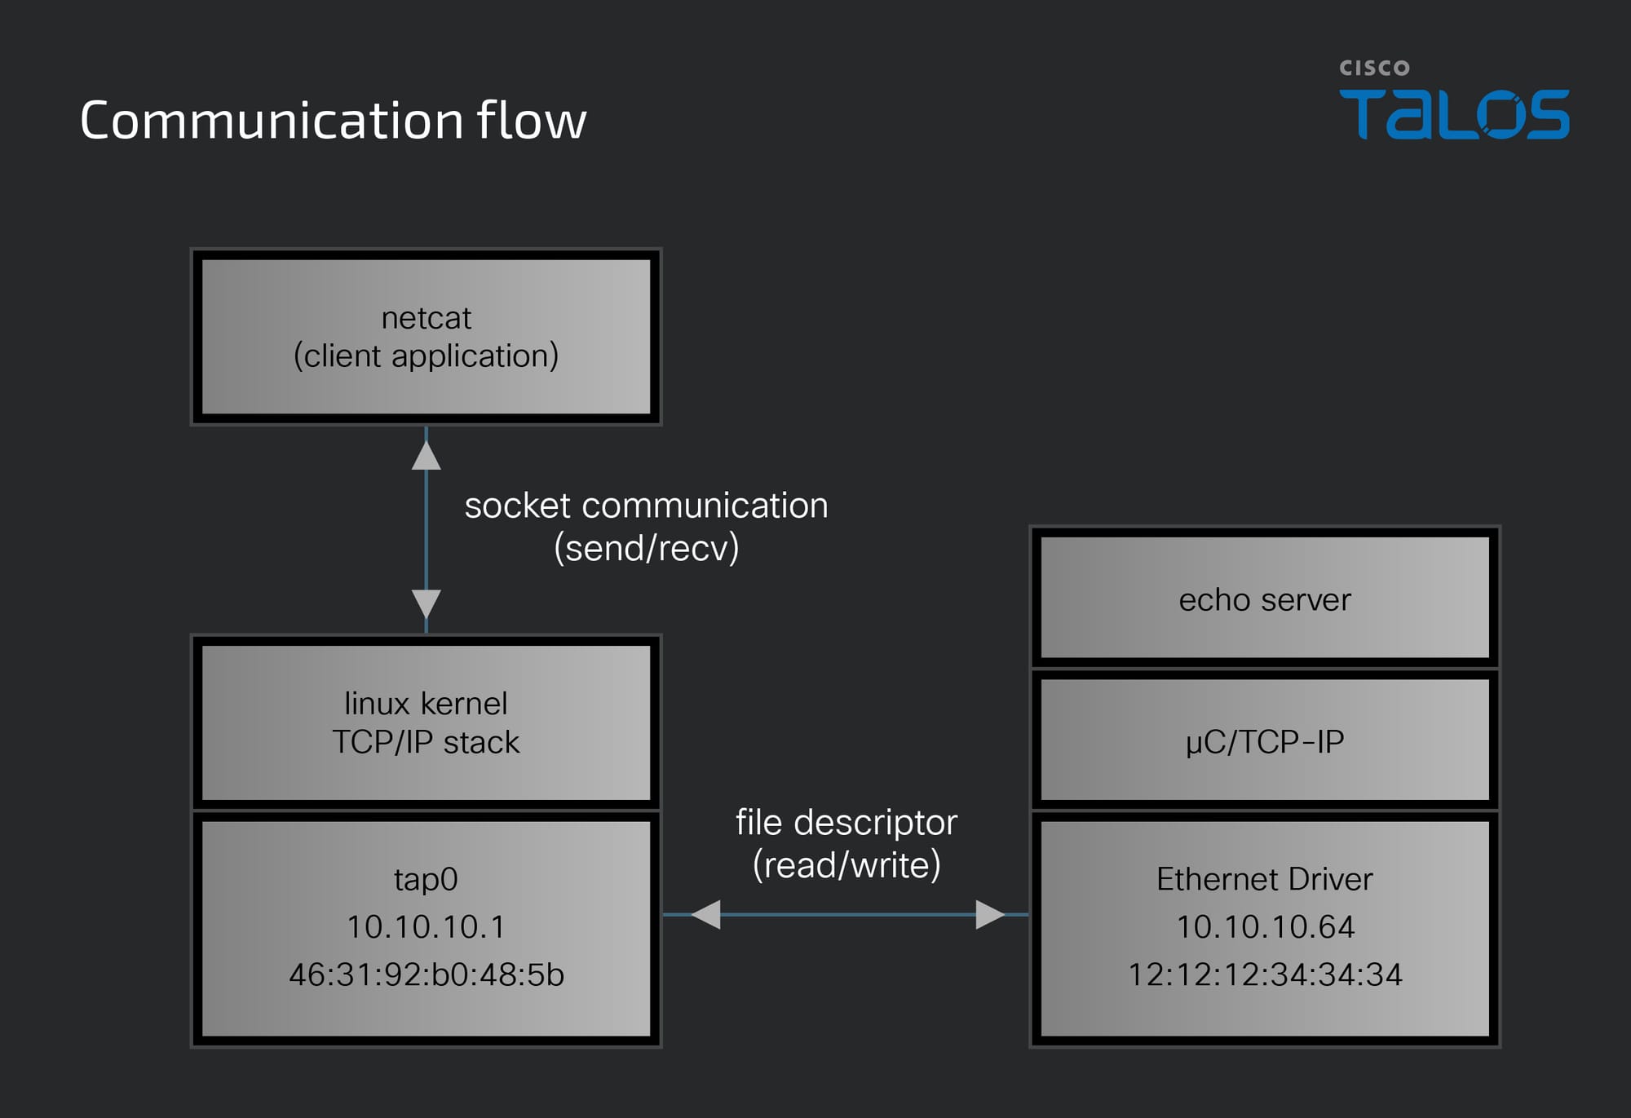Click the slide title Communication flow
coord(333,121)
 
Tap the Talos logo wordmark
coord(1454,114)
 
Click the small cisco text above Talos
coord(1374,68)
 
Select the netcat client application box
coord(426,337)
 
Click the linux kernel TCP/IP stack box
coord(426,723)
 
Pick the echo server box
coord(1265,598)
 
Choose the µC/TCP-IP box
coord(1265,740)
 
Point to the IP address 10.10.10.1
coord(426,927)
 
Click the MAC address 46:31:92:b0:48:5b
coord(426,974)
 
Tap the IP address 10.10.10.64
coord(1265,927)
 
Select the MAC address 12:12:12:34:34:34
coord(1265,974)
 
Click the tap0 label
coord(426,880)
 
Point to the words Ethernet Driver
coord(1265,879)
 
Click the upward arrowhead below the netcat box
coord(426,455)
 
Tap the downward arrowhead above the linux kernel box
coord(426,605)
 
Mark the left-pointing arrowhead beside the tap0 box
coord(705,914)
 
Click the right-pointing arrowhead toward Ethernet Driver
coord(990,914)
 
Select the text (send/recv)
coord(647,548)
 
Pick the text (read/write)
coord(846,865)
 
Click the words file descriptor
coord(846,823)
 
